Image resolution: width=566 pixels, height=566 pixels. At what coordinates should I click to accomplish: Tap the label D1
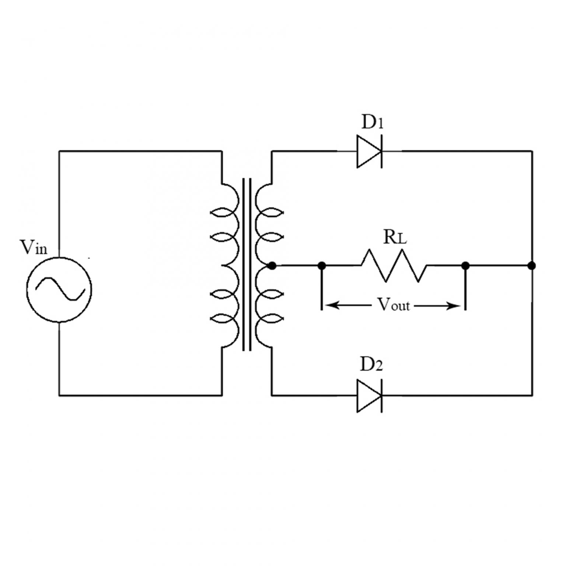coord(372,122)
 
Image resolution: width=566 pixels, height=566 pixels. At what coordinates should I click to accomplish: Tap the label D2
coord(371,365)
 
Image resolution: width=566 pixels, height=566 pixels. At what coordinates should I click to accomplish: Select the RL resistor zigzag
coord(394,265)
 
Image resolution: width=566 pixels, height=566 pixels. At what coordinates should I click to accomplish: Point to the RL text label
coord(395,238)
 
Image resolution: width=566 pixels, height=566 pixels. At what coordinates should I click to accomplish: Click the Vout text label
coord(394,305)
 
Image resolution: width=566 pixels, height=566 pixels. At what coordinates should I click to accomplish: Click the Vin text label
coord(34,247)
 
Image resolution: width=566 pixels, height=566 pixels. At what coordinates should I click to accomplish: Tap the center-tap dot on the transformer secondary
coord(272,265)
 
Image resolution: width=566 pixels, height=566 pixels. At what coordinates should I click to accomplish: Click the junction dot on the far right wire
coord(531,265)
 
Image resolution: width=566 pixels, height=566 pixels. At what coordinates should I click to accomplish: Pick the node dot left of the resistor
coord(322,265)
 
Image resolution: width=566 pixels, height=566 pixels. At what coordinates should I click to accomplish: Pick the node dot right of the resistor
coord(465,265)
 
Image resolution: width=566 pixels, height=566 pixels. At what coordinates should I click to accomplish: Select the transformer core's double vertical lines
coord(247,265)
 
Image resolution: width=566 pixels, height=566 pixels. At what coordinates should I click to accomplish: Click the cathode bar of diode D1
coord(381,151)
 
